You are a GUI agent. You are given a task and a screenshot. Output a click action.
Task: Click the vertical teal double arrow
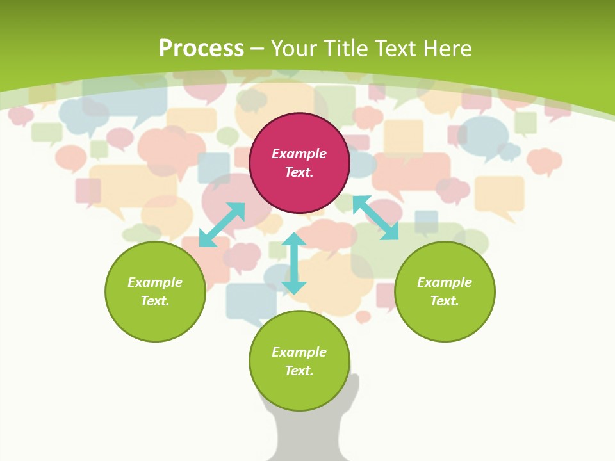point(294,263)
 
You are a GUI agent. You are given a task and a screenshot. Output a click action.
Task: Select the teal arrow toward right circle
point(375,218)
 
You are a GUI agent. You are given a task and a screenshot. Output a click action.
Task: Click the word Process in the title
point(201,48)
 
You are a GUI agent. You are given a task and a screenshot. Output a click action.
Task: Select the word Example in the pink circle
point(299,154)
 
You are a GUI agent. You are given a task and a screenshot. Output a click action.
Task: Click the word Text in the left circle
point(155,301)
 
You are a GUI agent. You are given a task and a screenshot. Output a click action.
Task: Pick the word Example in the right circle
point(445,282)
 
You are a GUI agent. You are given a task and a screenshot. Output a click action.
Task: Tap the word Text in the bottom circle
point(299,371)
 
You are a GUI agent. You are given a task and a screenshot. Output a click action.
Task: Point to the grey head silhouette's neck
point(307,435)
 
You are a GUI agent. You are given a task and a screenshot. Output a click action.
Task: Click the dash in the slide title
point(258,49)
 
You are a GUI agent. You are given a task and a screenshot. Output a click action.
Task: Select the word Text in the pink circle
point(299,172)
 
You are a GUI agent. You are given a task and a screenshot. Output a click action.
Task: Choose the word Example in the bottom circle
point(299,352)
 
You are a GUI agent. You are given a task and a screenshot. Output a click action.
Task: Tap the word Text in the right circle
point(445,301)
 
